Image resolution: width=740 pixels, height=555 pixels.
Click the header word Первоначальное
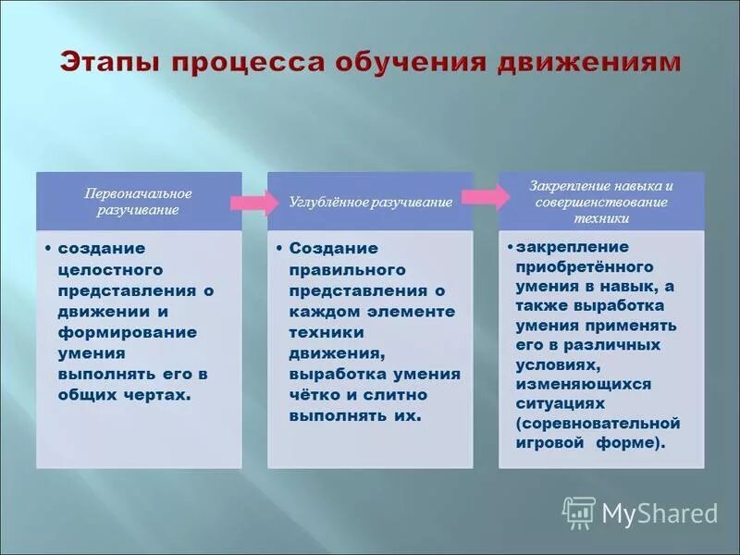(x=138, y=193)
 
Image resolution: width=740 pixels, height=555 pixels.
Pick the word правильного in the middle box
(x=335, y=269)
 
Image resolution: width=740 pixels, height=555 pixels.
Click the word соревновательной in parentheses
(x=599, y=424)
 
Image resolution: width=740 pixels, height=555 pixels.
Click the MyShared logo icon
(x=579, y=512)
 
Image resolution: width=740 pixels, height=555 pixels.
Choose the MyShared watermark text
(x=660, y=513)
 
